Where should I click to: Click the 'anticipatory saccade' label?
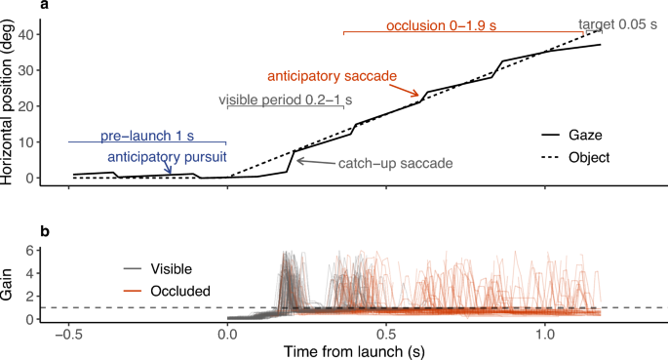pos(333,75)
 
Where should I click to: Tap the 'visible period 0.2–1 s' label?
pos(285,100)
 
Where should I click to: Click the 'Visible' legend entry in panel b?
pos(172,267)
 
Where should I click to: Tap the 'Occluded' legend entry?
pos(177,290)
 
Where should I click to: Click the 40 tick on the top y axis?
pos(45,35)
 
